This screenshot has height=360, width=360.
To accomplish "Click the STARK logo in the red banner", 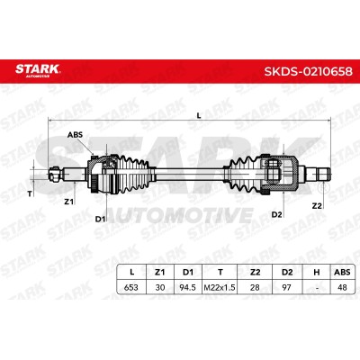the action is point(38,70).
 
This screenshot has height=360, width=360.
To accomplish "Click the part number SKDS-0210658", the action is point(308,71).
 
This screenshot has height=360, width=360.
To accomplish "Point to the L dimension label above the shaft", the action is point(198,115).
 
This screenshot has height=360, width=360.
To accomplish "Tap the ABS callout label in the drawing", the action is point(75,135).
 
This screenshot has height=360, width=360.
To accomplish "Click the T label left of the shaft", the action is point(30,194).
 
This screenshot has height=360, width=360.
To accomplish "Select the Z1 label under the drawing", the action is point(69,202).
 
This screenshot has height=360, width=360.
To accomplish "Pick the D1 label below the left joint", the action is point(100,219).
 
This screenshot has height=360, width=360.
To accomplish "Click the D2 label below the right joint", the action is point(277,214).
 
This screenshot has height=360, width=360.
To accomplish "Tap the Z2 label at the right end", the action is point(317,206).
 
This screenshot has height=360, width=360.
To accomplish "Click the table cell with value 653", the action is point(131,287).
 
